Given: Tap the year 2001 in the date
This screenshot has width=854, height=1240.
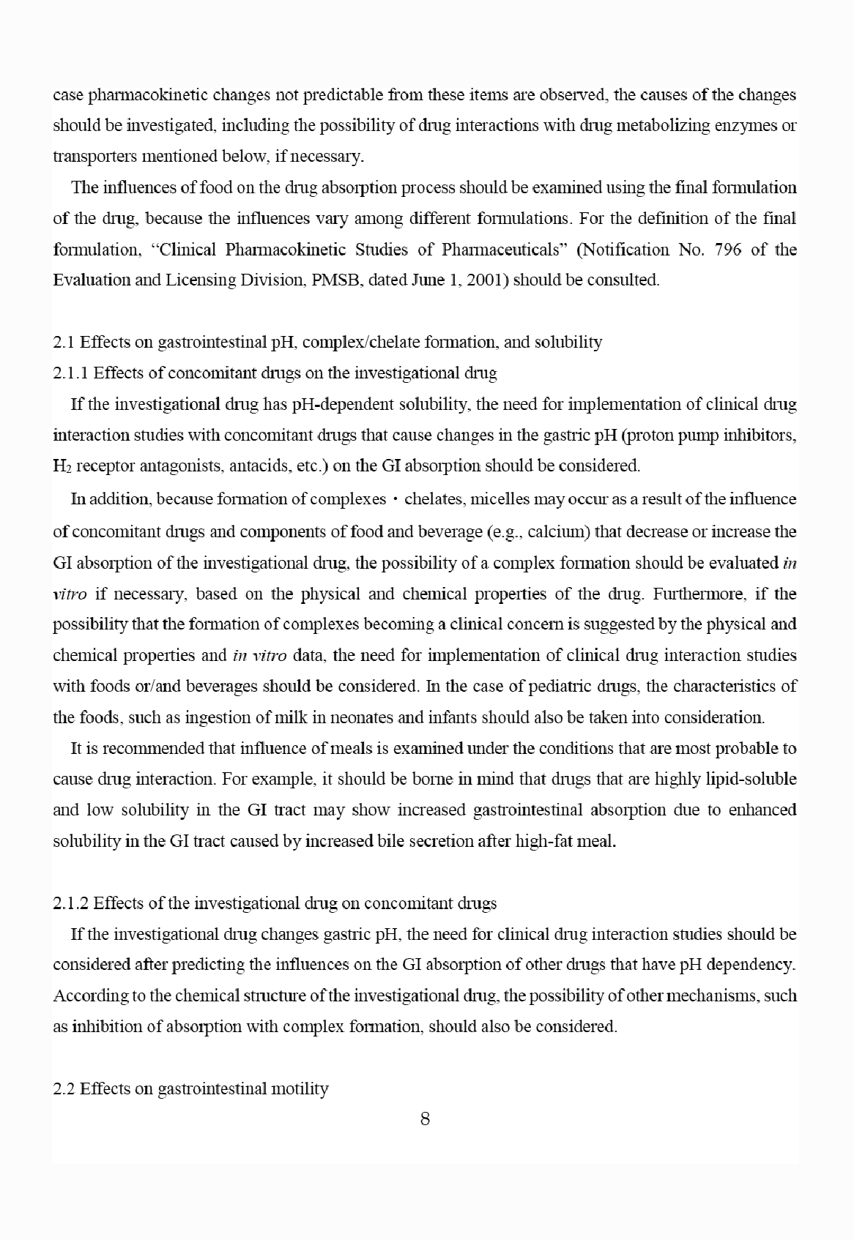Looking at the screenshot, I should click(486, 280).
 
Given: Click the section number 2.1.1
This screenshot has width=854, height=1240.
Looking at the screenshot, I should click(71, 373).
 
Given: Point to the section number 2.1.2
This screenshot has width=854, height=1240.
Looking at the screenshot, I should click(71, 903).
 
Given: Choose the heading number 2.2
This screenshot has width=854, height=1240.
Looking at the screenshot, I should click(64, 1088).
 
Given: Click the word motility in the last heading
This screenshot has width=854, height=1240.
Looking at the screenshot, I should click(300, 1088).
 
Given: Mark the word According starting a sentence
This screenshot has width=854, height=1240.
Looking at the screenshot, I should click(89, 996).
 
